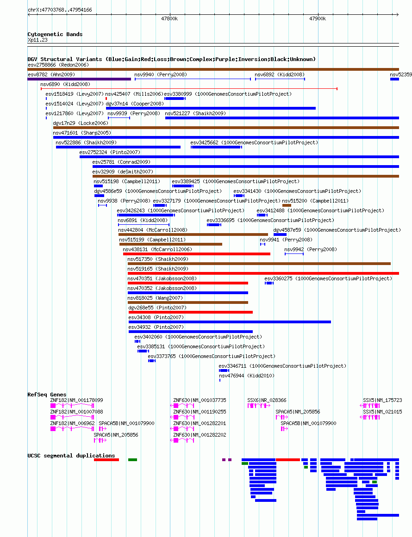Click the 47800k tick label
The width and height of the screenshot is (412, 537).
tap(169, 19)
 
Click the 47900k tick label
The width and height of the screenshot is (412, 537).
tap(318, 19)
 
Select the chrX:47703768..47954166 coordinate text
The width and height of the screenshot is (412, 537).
tap(60, 10)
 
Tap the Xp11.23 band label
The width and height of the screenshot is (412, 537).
tap(37, 40)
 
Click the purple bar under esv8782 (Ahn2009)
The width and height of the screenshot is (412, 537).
tap(79, 79)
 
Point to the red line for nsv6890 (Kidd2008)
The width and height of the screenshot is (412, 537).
tap(189, 89)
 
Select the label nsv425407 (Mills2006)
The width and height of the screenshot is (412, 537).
tap(134, 94)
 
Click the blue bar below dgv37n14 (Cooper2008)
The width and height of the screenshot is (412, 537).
tap(211, 108)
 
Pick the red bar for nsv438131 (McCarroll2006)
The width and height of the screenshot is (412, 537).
tap(197, 254)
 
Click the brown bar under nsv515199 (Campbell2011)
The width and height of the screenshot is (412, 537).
tap(171, 244)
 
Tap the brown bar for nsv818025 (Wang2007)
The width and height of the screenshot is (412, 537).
tap(188, 302)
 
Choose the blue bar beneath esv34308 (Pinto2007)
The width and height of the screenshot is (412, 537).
tap(230, 322)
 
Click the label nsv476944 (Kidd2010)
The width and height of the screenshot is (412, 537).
tap(247, 376)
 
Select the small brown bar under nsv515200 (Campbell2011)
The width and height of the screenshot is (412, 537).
tap(287, 205)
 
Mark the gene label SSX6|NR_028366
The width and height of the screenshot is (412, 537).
tap(267, 400)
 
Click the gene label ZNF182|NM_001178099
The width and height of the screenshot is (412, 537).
tap(76, 400)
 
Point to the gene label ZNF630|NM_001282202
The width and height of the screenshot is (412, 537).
tap(200, 435)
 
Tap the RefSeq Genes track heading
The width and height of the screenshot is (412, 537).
tap(47, 395)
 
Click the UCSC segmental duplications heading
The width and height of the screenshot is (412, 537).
tap(71, 456)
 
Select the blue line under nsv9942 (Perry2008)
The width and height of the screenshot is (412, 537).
tap(294, 254)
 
